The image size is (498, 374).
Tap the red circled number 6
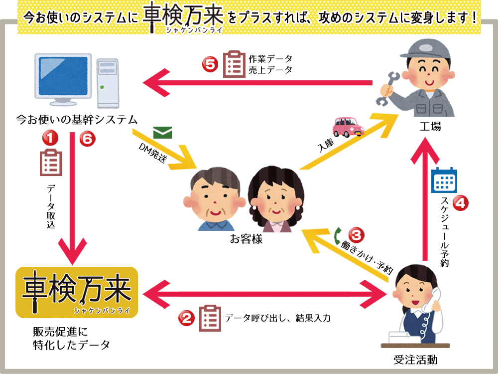click(x=87, y=139)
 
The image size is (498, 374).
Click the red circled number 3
click(x=356, y=234)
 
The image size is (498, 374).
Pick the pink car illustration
click(x=348, y=127)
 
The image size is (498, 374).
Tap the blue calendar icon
click(x=444, y=181)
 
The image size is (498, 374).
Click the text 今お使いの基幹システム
click(x=77, y=120)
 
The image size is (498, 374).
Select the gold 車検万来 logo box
click(x=77, y=292)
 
